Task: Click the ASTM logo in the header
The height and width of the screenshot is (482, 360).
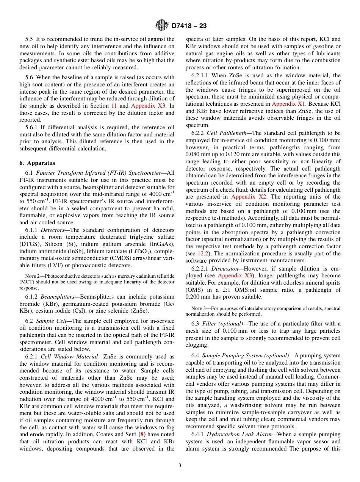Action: (x=162, y=26)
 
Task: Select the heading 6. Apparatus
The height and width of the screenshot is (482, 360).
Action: (x=37, y=163)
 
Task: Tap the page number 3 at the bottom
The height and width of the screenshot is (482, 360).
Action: (x=180, y=465)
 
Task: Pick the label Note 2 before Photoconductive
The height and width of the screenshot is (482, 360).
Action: (x=31, y=276)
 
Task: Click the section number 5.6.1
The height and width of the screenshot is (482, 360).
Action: (x=31, y=127)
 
